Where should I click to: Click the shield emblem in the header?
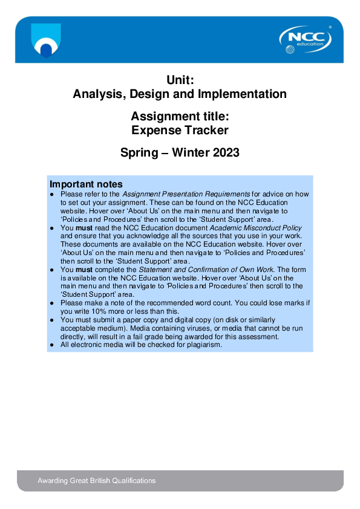coord(46,40)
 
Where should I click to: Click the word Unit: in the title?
coord(180,79)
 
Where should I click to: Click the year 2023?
coord(226,153)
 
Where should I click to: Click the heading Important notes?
coord(86,184)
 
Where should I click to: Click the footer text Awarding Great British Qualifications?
coord(97,481)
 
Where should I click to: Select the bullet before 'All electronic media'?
coord(53,345)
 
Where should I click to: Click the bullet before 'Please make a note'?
coord(53,303)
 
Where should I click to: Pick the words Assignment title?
coord(180,115)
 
